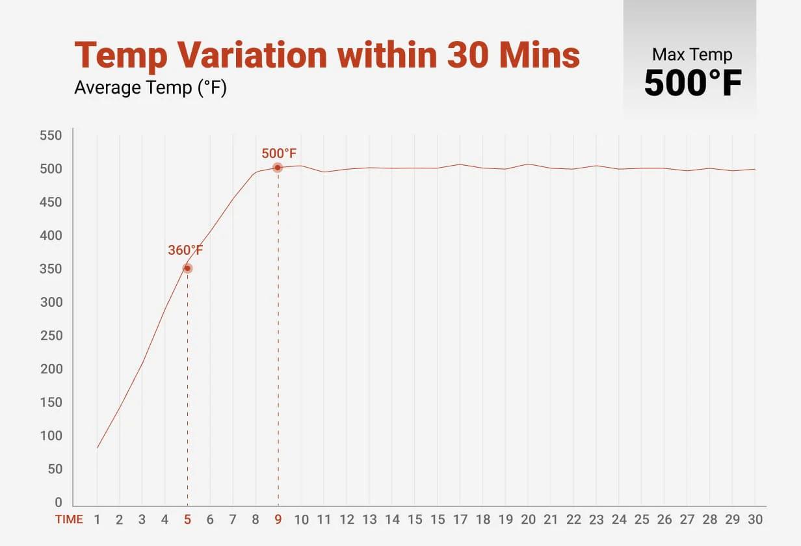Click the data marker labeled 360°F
(x=187, y=268)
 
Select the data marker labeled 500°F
(x=278, y=168)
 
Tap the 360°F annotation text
(x=186, y=250)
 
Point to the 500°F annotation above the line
(x=279, y=154)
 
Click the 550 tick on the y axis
(x=51, y=136)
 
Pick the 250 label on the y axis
(x=51, y=336)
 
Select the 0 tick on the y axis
(x=58, y=502)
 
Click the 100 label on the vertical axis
(x=51, y=436)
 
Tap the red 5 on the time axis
(x=187, y=520)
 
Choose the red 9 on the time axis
(x=278, y=520)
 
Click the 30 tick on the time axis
(x=755, y=520)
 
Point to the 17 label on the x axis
(x=460, y=520)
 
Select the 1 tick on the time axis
(x=97, y=520)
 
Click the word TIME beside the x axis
(x=69, y=520)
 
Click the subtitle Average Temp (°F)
(x=150, y=87)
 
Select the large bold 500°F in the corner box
(x=692, y=83)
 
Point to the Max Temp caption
(x=692, y=55)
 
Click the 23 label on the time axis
(x=596, y=520)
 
